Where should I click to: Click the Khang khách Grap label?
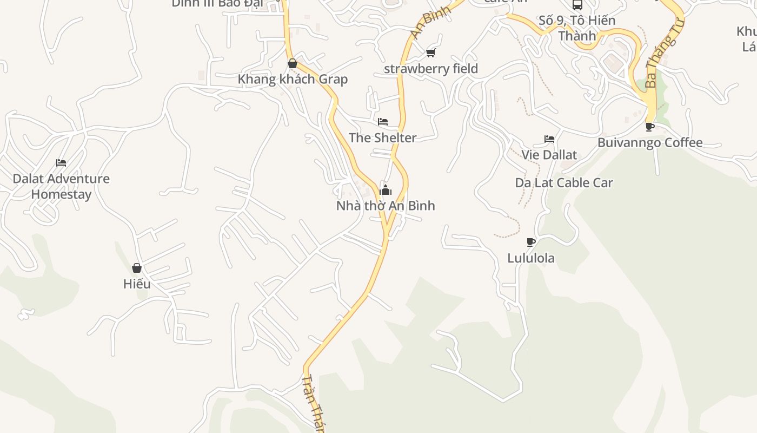pos(293,80)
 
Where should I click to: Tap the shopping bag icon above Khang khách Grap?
pos(293,63)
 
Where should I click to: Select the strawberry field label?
pos(431,69)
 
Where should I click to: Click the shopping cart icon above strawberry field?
pos(431,53)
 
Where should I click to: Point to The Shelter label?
pos(383,138)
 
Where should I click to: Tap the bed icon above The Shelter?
pos(383,122)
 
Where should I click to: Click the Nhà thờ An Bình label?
pos(386,206)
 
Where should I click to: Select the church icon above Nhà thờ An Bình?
pos(386,189)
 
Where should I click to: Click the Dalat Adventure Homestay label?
pos(61,186)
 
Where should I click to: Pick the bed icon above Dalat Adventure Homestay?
pos(61,162)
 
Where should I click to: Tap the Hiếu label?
pos(137,284)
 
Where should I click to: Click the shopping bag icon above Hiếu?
pos(137,268)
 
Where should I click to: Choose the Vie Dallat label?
pos(549,155)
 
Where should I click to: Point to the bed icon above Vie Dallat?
pos(549,139)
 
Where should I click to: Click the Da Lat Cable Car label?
pos(564,183)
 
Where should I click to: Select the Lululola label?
pos(531,258)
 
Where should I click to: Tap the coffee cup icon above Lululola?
pos(531,242)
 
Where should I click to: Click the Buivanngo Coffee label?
pos(650,143)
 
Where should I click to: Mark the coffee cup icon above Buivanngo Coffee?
pos(650,127)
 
